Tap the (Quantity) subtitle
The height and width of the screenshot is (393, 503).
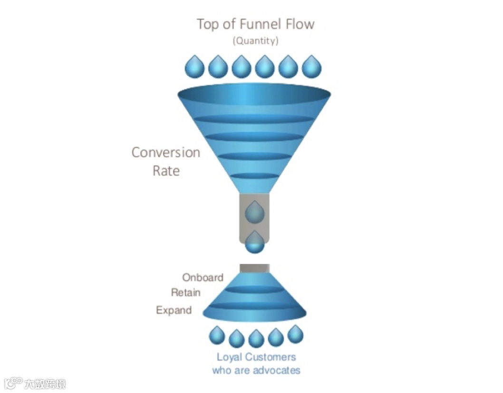tap(255, 41)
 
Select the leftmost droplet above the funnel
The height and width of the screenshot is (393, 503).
tap(194, 67)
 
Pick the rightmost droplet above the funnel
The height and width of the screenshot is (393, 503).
tap(311, 67)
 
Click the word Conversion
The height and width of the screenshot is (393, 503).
tap(165, 153)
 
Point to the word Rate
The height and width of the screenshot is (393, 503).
tap(166, 171)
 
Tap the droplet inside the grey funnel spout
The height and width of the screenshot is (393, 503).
tap(254, 213)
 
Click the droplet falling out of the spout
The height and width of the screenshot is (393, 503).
tap(254, 243)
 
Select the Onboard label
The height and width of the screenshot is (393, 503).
tap(203, 277)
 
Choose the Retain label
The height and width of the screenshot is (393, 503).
tap(186, 293)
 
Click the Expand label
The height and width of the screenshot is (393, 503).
tap(174, 310)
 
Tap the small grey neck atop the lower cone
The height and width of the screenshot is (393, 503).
tap(254, 268)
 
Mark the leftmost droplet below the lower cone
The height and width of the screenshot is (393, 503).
tap(217, 335)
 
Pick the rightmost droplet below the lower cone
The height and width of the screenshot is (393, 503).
tap(295, 334)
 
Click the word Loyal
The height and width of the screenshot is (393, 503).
tap(229, 357)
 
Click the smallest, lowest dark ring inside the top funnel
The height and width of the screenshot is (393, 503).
tap(254, 176)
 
